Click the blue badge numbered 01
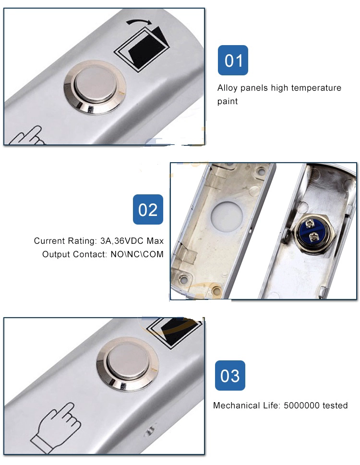pos(233,60)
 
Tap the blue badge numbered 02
pos(148,209)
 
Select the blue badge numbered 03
pos(230,375)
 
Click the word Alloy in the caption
pos(227,88)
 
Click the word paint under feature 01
pos(228,101)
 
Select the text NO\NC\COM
pos(137,254)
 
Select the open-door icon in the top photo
pos(142,48)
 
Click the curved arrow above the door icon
pos(139,22)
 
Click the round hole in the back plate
pos(227,216)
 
